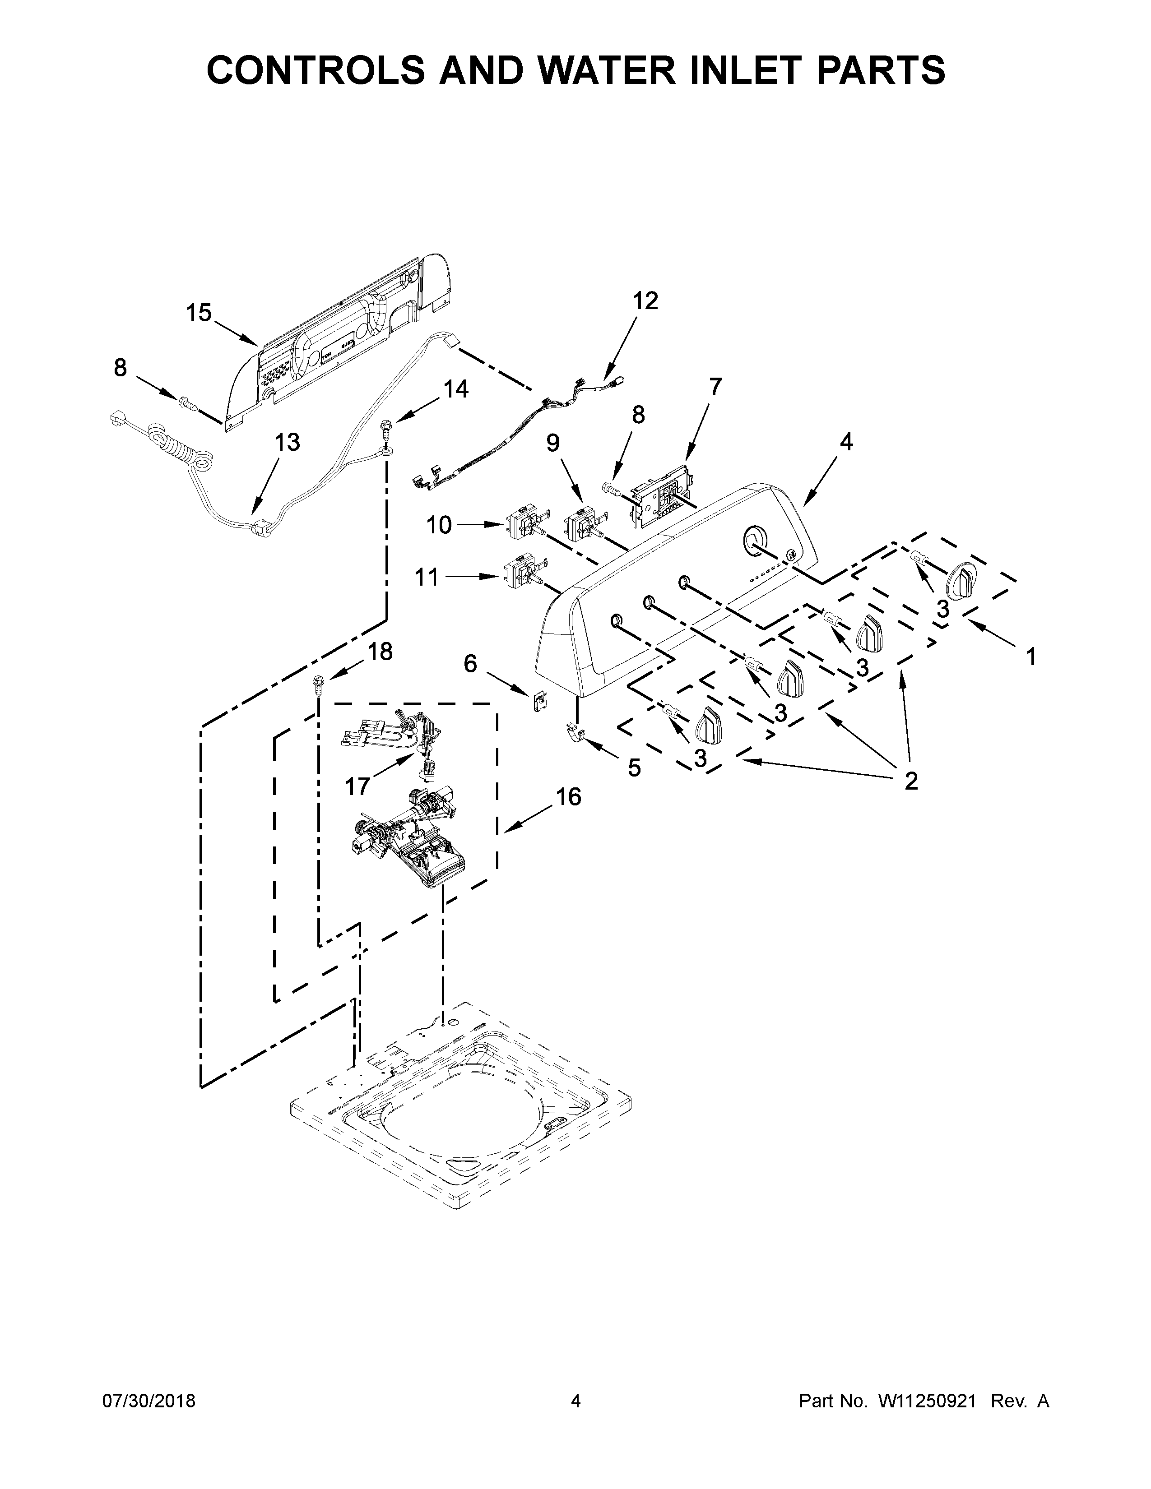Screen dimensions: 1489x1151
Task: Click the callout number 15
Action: pyautogui.click(x=199, y=313)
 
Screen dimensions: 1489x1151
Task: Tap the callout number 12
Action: pyautogui.click(x=645, y=301)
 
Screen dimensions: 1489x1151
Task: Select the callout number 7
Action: pyautogui.click(x=715, y=387)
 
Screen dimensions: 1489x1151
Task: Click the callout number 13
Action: pyautogui.click(x=287, y=443)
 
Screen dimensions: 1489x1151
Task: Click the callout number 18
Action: pyautogui.click(x=380, y=652)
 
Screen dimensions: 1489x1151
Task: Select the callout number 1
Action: pyautogui.click(x=1031, y=657)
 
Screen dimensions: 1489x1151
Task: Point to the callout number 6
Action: pyautogui.click(x=470, y=663)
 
